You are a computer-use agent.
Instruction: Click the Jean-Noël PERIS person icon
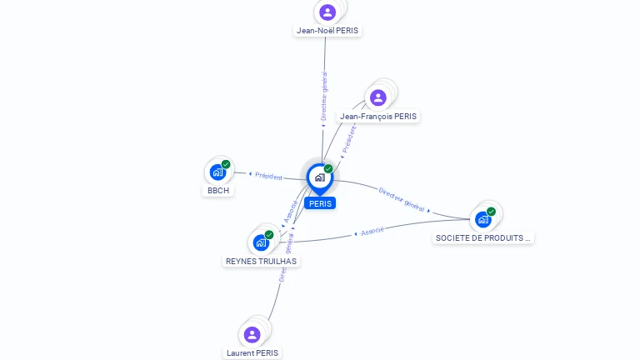pyautogui.click(x=327, y=12)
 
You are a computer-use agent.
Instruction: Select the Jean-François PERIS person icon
pyautogui.click(x=378, y=97)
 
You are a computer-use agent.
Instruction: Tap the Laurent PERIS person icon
pyautogui.click(x=252, y=334)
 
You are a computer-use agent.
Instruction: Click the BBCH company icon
pyautogui.click(x=217, y=172)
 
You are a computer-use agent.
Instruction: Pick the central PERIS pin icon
pyautogui.click(x=319, y=177)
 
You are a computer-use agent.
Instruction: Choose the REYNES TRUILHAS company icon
pyautogui.click(x=261, y=242)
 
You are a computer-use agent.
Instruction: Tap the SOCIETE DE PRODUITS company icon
pyautogui.click(x=483, y=219)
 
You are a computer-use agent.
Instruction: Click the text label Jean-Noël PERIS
pyautogui.click(x=327, y=31)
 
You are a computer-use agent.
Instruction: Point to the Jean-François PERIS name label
pyautogui.click(x=378, y=117)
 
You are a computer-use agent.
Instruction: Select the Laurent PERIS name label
pyautogui.click(x=252, y=353)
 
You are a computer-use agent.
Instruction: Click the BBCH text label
pyautogui.click(x=217, y=191)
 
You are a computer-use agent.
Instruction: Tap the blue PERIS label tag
pyautogui.click(x=319, y=203)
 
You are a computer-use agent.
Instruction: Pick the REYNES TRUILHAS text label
pyautogui.click(x=261, y=261)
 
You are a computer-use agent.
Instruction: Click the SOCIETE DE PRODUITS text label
pyautogui.click(x=483, y=238)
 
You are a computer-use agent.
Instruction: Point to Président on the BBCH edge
pyautogui.click(x=268, y=176)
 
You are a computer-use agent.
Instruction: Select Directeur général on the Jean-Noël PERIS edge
pyautogui.click(x=324, y=97)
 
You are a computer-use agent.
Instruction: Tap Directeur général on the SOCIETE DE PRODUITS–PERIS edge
pyautogui.click(x=402, y=199)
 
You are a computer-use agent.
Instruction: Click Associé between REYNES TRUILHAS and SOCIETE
pyautogui.click(x=372, y=231)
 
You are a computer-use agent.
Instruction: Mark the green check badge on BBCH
pyautogui.click(x=226, y=164)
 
